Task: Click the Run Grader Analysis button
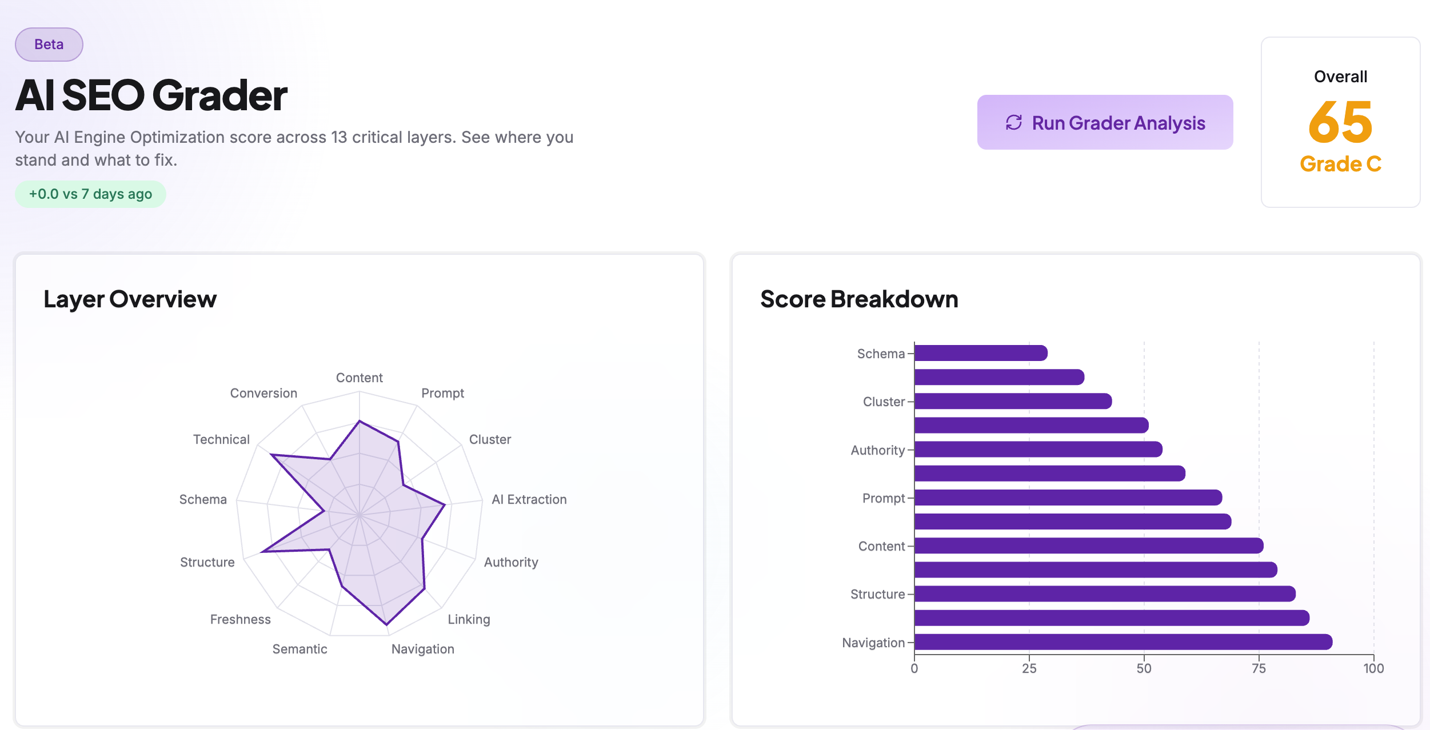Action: tap(1104, 122)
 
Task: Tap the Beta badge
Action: tap(49, 45)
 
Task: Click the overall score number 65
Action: tap(1340, 122)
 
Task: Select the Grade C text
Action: tap(1340, 164)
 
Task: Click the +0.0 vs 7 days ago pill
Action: tap(90, 194)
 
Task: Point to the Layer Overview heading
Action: tap(130, 299)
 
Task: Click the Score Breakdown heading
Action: tap(858, 299)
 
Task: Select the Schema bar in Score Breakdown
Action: tap(980, 353)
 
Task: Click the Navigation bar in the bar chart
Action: tap(1123, 642)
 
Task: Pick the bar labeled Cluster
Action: tap(1012, 401)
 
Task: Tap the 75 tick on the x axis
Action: tap(1259, 668)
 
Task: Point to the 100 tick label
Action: tap(1373, 668)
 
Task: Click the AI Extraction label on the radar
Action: tap(529, 499)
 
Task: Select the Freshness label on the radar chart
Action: tap(240, 619)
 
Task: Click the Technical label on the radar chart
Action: tap(221, 439)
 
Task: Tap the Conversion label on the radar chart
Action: tap(263, 393)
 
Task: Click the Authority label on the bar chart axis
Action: tap(877, 450)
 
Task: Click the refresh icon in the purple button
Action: tap(1013, 122)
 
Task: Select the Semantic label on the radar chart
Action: tap(299, 649)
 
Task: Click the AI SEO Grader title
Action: tap(151, 95)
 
